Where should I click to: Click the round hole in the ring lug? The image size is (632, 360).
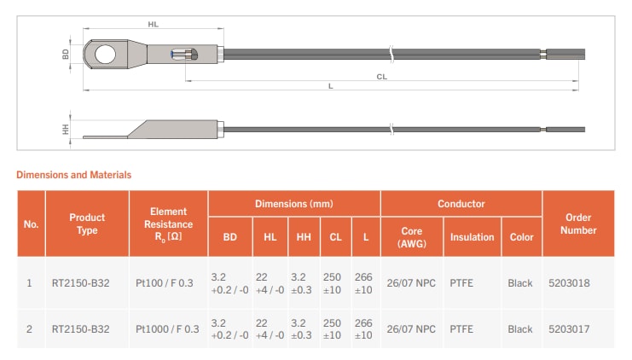(x=104, y=55)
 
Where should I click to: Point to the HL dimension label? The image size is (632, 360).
(x=154, y=26)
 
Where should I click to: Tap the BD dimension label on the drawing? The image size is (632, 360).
(x=67, y=54)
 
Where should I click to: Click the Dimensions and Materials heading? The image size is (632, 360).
(x=74, y=175)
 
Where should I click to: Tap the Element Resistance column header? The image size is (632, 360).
(x=168, y=224)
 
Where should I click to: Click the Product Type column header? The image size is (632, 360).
(x=87, y=224)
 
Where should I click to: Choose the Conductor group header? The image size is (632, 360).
(x=461, y=204)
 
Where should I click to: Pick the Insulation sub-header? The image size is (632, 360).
(x=472, y=237)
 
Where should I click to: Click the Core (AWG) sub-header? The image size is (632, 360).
(x=411, y=237)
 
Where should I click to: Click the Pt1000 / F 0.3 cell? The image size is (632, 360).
(x=167, y=329)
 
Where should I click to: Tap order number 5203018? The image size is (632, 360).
(x=571, y=282)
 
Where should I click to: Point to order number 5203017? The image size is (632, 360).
(x=571, y=329)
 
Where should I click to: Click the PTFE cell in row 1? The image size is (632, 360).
(x=461, y=282)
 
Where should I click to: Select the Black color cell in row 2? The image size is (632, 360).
(x=520, y=329)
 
